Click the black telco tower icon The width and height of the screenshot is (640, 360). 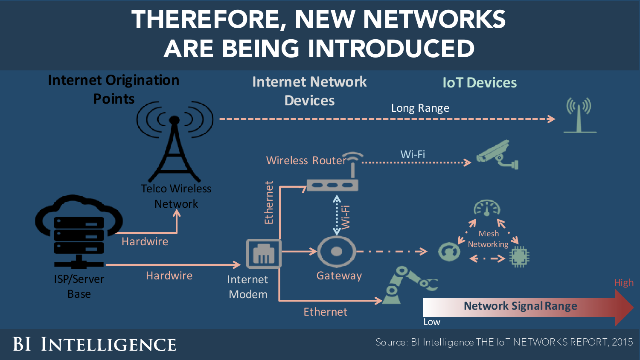(x=174, y=145)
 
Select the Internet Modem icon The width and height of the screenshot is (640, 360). (x=264, y=254)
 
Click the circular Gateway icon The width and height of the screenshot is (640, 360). (x=337, y=252)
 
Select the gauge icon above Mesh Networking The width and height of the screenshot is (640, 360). (x=487, y=208)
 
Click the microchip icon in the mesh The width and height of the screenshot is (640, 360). (x=519, y=256)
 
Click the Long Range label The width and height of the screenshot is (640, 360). (x=420, y=108)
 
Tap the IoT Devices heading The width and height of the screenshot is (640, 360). (x=480, y=83)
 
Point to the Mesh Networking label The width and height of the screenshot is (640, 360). (x=489, y=239)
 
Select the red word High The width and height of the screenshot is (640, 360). (x=624, y=283)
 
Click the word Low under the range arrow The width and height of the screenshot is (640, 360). (x=432, y=322)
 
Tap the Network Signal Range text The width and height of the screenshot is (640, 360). (x=520, y=306)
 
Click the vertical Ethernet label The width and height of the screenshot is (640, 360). (x=269, y=203)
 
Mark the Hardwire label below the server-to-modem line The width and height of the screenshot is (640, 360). (x=169, y=276)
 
